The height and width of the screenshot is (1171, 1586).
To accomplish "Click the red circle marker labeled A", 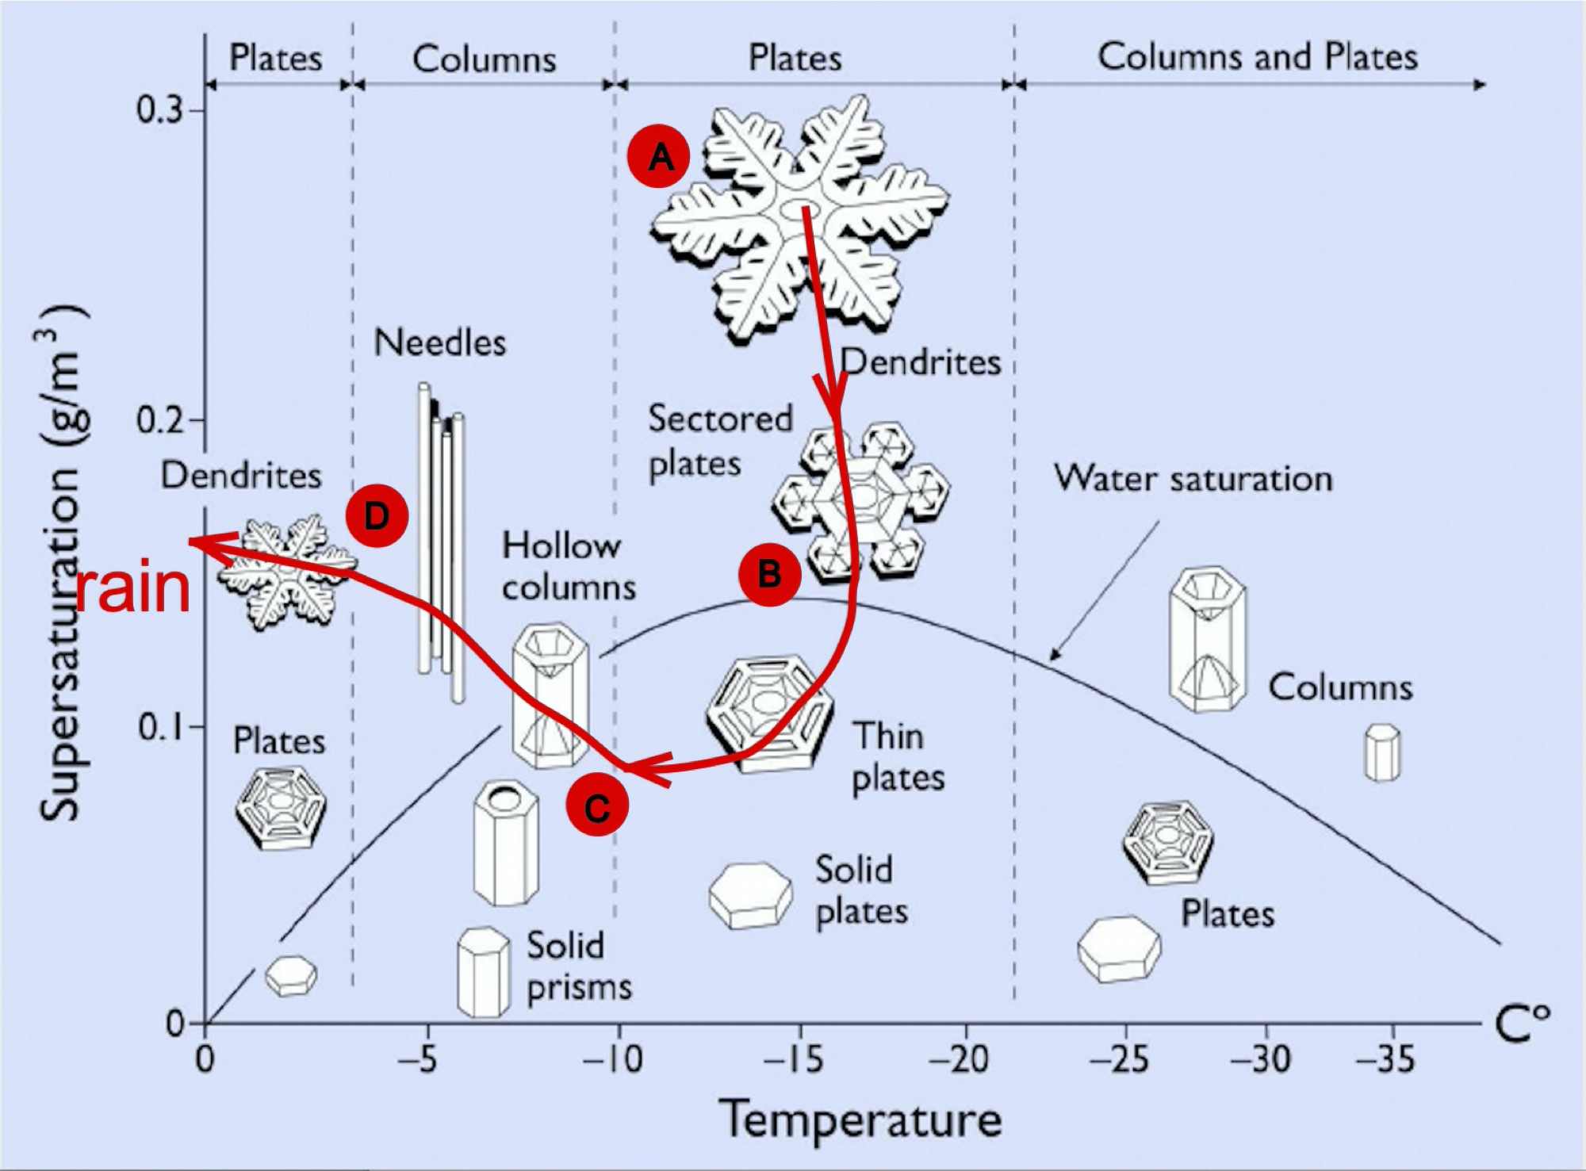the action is [x=659, y=158].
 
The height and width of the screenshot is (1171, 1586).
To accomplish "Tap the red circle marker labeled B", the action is [x=769, y=575].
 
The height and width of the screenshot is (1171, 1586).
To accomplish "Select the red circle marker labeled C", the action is [x=597, y=806].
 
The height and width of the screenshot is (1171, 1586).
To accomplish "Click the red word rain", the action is [x=133, y=589].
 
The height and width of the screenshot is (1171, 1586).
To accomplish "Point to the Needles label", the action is [x=439, y=343].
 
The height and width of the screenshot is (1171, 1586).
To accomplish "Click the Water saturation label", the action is [x=1193, y=479].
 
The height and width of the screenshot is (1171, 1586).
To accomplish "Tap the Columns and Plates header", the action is [x=1258, y=57].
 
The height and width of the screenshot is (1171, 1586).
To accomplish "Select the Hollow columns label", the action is [x=569, y=566].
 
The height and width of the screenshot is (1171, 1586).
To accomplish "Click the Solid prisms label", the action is [x=580, y=966].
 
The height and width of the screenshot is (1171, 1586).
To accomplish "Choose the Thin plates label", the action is [x=898, y=757].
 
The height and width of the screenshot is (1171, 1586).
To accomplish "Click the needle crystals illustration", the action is [x=442, y=542].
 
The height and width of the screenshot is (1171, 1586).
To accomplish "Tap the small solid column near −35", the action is [x=1382, y=752].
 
